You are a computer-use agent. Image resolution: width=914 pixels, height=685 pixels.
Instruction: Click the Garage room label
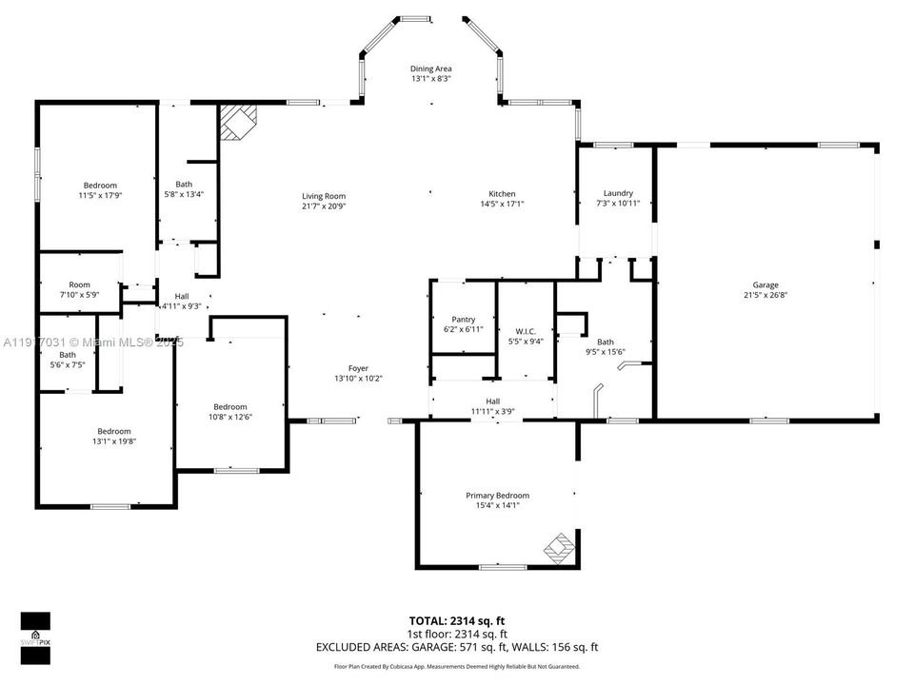point(765,285)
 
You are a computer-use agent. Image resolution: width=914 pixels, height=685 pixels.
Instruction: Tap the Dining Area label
point(430,69)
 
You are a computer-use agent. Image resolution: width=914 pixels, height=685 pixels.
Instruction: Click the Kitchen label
point(502,194)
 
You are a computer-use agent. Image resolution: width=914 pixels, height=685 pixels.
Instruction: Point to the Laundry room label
point(618,193)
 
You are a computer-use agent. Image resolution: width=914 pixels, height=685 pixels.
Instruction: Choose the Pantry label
point(464,319)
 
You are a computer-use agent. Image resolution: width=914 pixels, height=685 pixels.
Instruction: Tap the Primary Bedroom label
point(497,496)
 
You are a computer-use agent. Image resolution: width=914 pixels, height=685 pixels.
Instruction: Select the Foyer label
point(358,368)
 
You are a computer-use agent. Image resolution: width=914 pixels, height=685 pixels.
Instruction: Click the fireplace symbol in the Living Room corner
point(238,123)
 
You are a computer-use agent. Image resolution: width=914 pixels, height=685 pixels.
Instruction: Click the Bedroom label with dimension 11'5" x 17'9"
point(100,185)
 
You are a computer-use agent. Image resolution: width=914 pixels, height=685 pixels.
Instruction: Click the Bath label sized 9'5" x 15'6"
point(606,342)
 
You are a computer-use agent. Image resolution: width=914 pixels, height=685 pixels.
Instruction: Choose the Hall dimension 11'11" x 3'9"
point(493,412)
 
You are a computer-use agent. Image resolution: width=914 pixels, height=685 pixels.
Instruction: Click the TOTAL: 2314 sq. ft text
point(457,619)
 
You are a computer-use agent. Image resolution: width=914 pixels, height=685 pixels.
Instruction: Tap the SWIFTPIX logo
point(35,633)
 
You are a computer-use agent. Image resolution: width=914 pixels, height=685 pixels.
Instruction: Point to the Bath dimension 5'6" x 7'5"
point(67,364)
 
